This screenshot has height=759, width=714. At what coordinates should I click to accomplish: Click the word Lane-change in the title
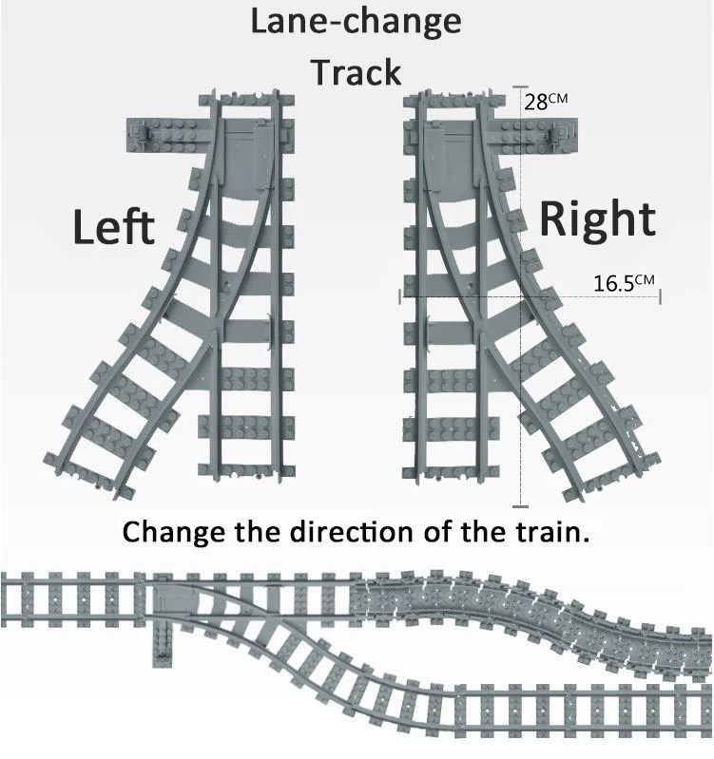(x=356, y=22)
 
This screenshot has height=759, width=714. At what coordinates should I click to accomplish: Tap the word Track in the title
(x=356, y=72)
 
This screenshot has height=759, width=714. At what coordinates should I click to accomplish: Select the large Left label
(x=114, y=227)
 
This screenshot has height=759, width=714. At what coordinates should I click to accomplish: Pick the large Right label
(x=598, y=220)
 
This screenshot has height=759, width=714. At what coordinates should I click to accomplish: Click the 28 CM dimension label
(x=546, y=102)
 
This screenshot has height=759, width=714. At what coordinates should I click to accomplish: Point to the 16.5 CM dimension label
(x=624, y=283)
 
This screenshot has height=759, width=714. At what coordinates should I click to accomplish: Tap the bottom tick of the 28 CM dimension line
(x=520, y=507)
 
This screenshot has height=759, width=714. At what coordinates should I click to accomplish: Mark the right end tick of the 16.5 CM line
(x=660, y=296)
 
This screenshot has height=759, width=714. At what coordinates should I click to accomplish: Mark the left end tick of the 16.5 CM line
(x=400, y=296)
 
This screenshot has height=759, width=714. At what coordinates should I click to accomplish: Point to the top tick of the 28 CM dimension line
(x=520, y=87)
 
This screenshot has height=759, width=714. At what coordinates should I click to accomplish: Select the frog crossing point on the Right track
(x=481, y=331)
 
